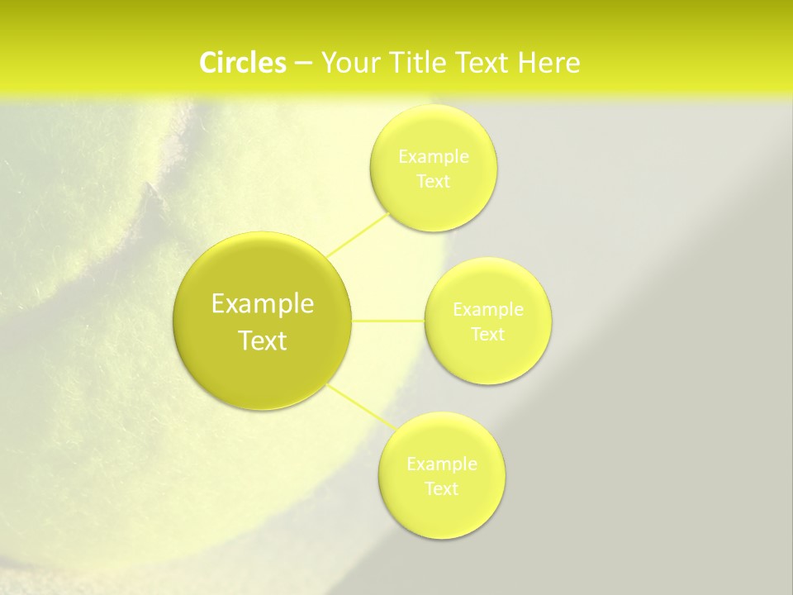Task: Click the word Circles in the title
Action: pos(243,63)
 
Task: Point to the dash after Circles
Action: pos(303,64)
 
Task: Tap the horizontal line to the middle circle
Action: pos(387,320)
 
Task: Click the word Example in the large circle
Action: pos(263,304)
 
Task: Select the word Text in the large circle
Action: pos(263,340)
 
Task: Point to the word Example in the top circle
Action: pos(434,156)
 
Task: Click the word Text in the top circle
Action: pos(433,181)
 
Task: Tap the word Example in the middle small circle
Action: pos(488,309)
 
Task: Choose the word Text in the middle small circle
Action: pos(487,334)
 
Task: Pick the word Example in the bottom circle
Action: pos(442,464)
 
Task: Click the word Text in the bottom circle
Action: pos(441,488)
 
